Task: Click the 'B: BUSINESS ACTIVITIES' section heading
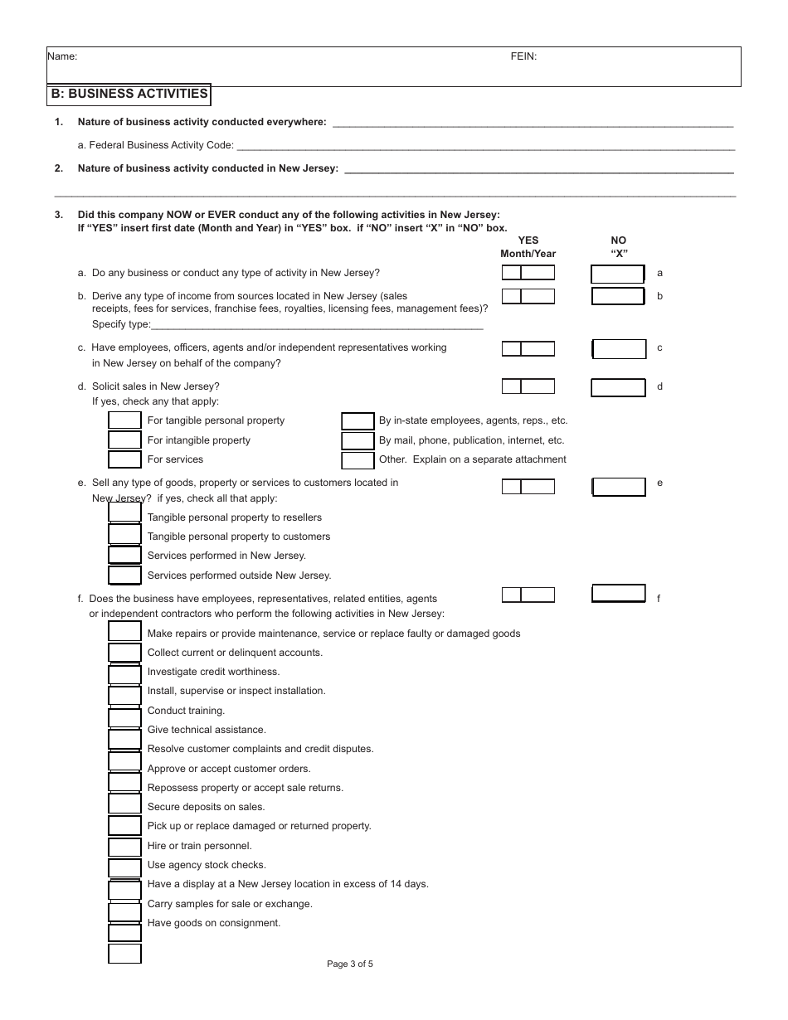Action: (x=129, y=95)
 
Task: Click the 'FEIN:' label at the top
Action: (x=523, y=57)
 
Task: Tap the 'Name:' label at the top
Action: (x=62, y=57)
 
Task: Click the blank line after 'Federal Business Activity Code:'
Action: (x=485, y=146)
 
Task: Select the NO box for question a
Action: (x=617, y=274)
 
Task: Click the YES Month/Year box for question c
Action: (x=528, y=348)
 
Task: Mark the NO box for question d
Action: (x=618, y=387)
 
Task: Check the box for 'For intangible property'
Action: (x=124, y=440)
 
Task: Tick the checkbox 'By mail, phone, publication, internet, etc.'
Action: (x=358, y=440)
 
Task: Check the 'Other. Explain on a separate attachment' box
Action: (x=358, y=460)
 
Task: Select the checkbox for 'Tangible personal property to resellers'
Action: (x=124, y=513)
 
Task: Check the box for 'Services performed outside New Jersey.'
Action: (x=124, y=575)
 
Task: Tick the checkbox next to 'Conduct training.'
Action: (x=124, y=716)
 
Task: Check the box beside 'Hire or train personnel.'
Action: (x=124, y=847)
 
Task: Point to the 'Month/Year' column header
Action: (x=528, y=254)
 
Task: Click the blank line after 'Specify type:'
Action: (x=317, y=325)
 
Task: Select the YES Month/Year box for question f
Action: (x=528, y=595)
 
